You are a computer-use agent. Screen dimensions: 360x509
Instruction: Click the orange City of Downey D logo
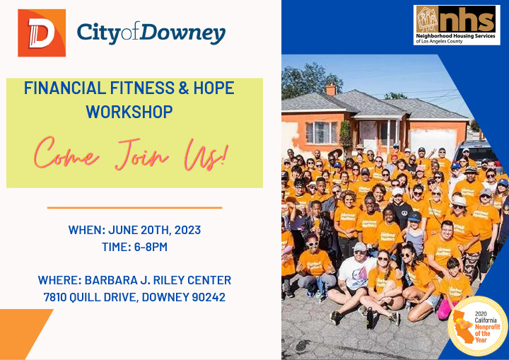pos(42,33)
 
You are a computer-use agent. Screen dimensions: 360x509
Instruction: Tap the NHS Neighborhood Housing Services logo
pos(456,25)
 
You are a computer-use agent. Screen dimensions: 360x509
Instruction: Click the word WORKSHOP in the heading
pos(129,112)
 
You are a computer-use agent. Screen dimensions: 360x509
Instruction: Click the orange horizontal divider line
pos(134,208)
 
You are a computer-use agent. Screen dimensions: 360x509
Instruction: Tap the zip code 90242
pos(209,297)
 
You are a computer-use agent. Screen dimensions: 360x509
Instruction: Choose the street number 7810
pos(59,297)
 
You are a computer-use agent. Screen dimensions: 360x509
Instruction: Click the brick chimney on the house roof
pos(330,89)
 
